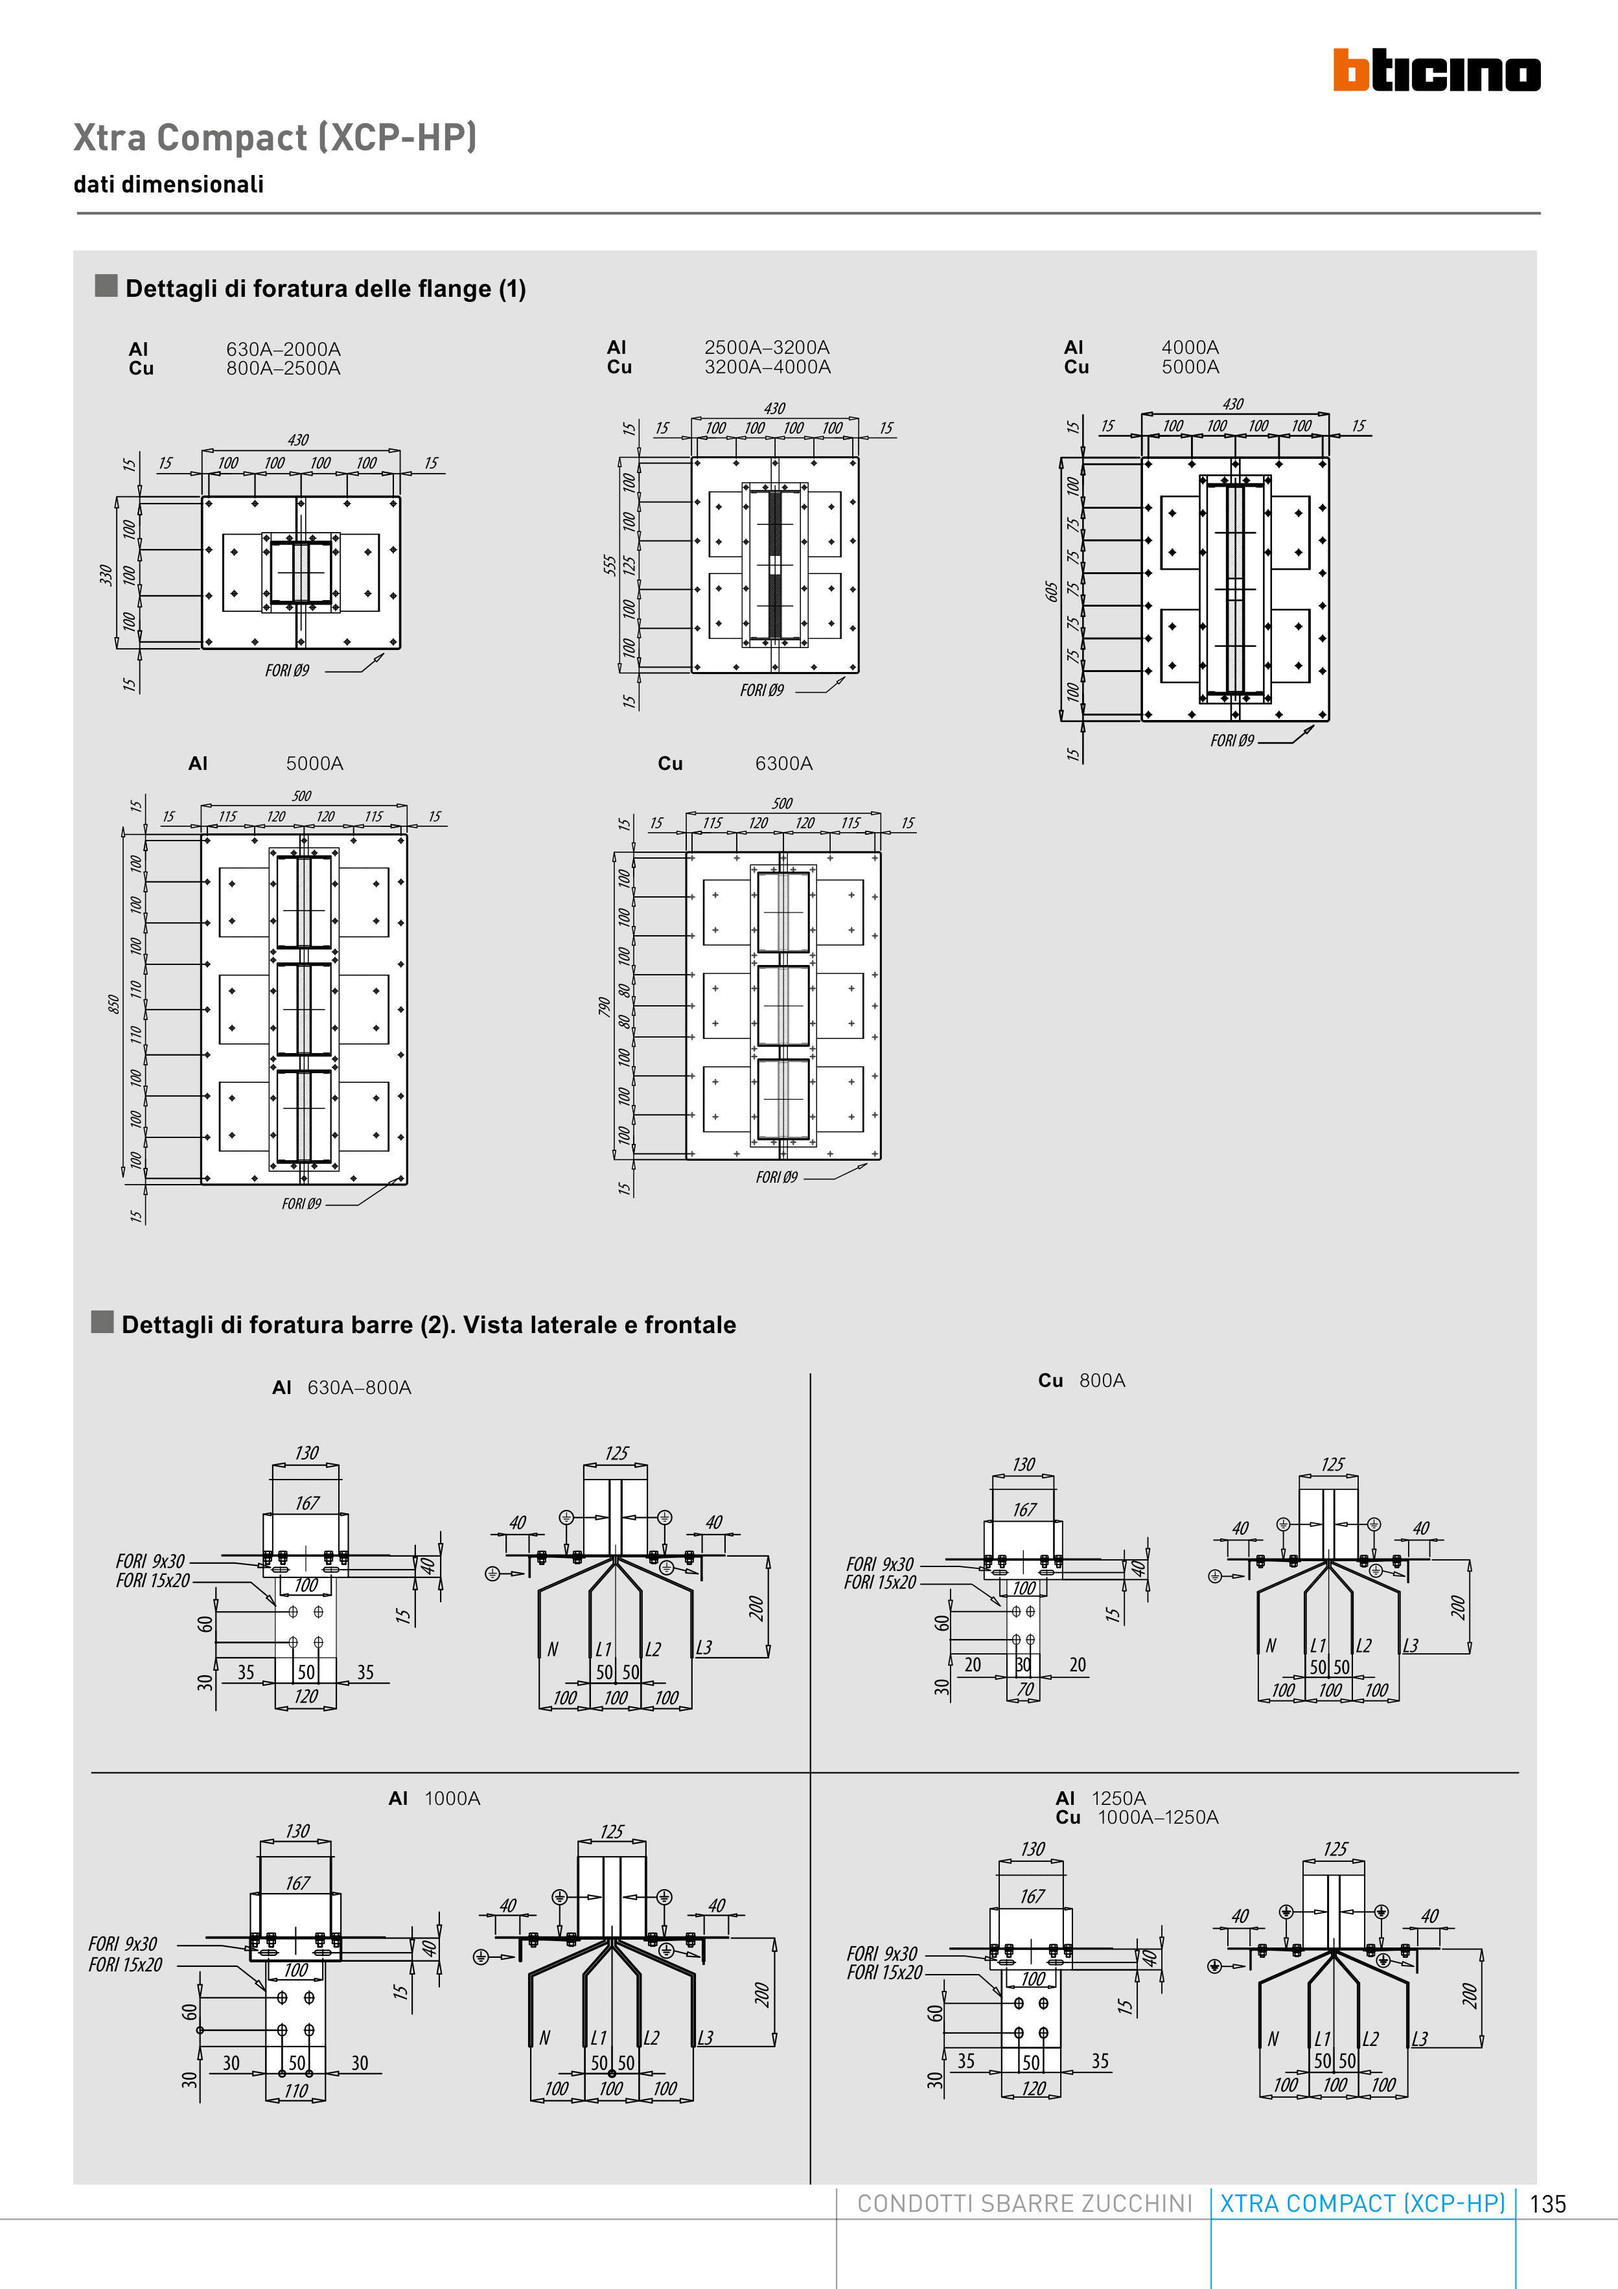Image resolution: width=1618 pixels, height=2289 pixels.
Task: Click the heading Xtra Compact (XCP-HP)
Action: (x=275, y=137)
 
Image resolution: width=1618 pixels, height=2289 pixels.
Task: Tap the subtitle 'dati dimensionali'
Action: (x=168, y=185)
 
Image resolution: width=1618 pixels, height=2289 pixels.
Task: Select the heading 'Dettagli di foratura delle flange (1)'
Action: (x=325, y=289)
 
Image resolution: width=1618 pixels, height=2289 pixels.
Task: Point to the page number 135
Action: (x=1547, y=2204)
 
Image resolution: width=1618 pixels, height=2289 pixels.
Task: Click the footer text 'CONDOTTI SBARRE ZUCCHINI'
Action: (x=1024, y=2203)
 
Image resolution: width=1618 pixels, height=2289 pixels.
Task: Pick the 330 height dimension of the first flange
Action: (x=106, y=575)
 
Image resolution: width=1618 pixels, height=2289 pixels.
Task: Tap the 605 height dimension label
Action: (x=1051, y=591)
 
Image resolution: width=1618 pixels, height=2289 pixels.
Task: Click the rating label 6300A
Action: (x=783, y=763)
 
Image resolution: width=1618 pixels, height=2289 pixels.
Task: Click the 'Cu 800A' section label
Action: (x=1081, y=1381)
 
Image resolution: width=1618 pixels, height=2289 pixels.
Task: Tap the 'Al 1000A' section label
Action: (x=435, y=1798)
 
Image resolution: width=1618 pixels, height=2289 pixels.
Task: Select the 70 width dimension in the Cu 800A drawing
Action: (x=1025, y=1689)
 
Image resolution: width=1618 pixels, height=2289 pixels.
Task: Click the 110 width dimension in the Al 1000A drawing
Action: (x=296, y=2091)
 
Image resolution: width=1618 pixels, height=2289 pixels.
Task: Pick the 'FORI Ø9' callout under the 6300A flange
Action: (x=776, y=1178)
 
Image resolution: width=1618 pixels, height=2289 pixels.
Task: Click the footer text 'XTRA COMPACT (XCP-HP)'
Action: (x=1362, y=2203)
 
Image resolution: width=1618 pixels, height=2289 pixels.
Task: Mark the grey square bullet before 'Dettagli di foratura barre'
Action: (x=102, y=1322)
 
